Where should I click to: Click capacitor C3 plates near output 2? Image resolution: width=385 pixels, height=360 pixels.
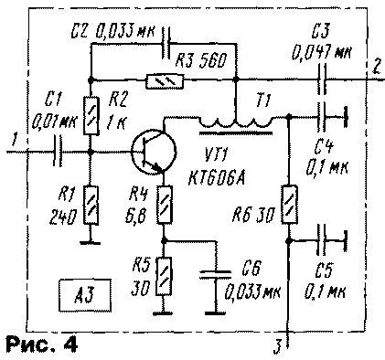coord(323,80)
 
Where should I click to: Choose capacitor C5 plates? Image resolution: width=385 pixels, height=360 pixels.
coord(323,241)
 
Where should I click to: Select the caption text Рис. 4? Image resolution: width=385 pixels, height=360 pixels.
coord(40,345)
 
